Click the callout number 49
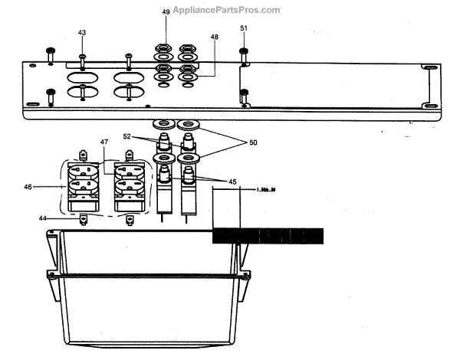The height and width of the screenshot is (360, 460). tap(166, 13)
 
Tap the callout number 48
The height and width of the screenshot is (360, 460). tap(215, 37)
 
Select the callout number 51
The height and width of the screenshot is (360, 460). tap(244, 28)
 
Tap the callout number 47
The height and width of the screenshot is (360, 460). tap(104, 143)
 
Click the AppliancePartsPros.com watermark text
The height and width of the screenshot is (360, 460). tap(226, 10)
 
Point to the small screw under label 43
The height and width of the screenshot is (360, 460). tap(82, 57)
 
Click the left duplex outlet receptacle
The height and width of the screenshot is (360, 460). tap(82, 185)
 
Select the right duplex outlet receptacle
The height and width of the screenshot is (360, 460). tap(127, 185)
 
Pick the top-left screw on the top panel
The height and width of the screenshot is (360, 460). tap(50, 51)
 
